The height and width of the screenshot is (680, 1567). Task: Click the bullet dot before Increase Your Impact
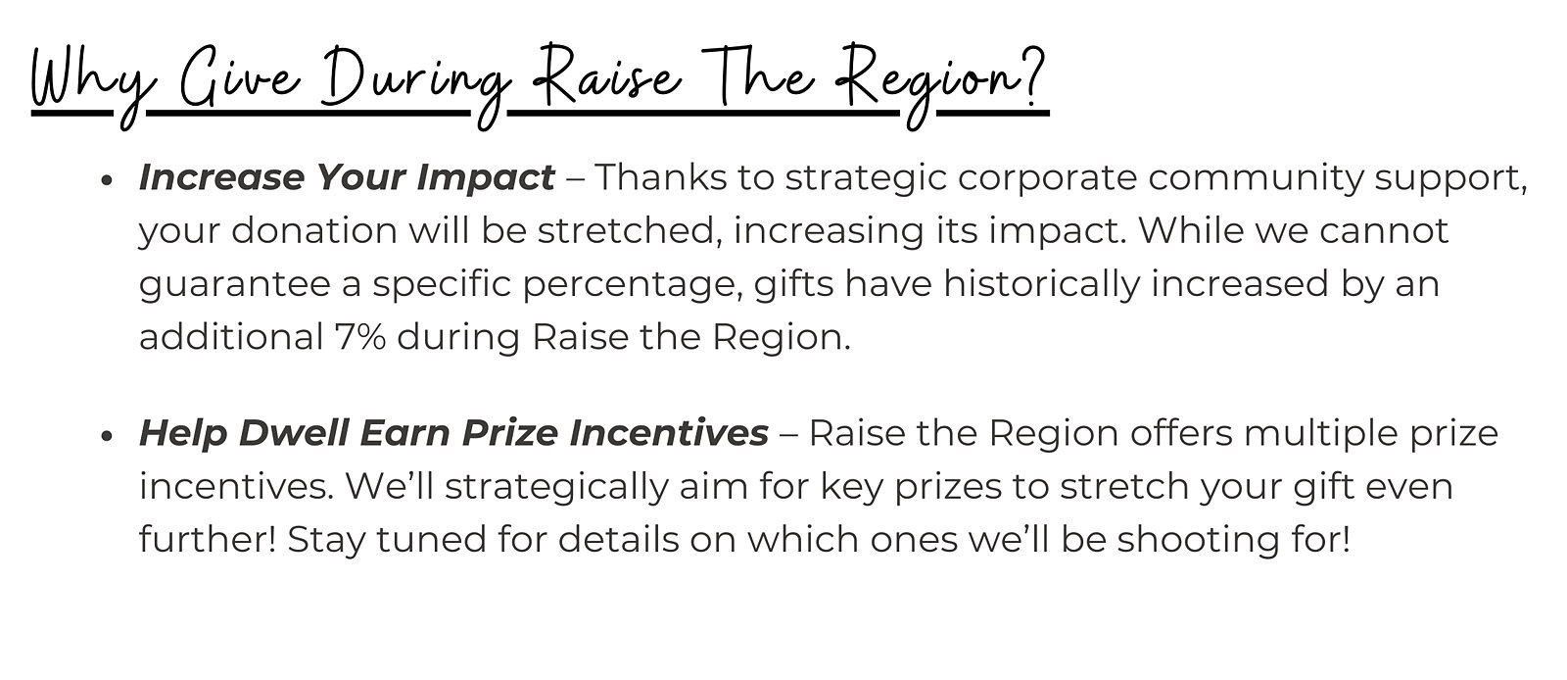(x=107, y=179)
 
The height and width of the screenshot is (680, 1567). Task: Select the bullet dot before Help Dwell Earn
(x=107, y=436)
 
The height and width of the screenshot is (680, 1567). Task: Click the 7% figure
(x=360, y=337)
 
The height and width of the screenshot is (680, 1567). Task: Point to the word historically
(x=1041, y=285)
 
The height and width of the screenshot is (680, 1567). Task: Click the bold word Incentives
(x=669, y=433)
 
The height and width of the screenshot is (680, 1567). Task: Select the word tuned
(x=430, y=540)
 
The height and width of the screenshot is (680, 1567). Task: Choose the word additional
(x=231, y=337)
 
